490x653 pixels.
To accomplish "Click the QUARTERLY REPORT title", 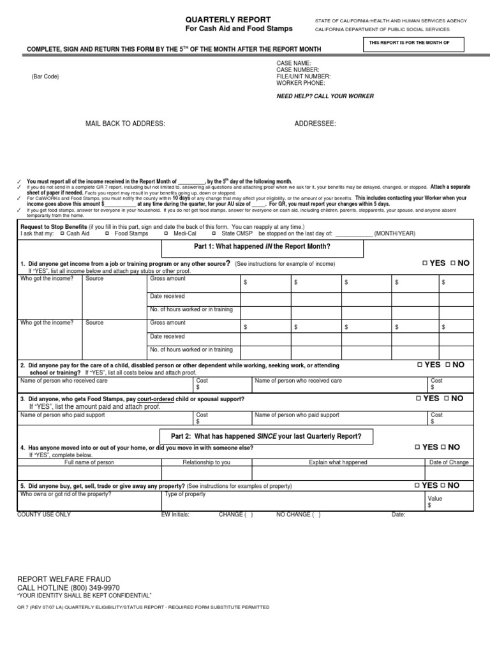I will (x=218, y=19).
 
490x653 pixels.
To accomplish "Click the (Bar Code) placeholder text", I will (x=45, y=77).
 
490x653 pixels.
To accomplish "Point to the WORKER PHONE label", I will (x=301, y=84).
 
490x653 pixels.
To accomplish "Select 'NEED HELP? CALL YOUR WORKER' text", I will (x=325, y=96).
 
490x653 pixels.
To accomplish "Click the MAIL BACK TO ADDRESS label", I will (x=126, y=124).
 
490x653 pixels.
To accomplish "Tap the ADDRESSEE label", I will (x=315, y=124).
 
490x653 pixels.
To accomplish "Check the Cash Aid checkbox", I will (x=62, y=234).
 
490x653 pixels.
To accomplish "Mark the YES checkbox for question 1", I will (x=425, y=263).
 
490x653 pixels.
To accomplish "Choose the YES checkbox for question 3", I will (x=419, y=399).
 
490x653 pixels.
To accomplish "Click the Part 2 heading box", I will (x=266, y=436).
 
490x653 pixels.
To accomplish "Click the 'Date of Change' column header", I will (x=449, y=462).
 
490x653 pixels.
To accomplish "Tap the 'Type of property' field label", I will (x=185, y=494).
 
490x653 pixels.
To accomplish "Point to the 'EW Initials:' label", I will (x=175, y=515).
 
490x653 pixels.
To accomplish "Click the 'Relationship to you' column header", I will (x=207, y=462).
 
